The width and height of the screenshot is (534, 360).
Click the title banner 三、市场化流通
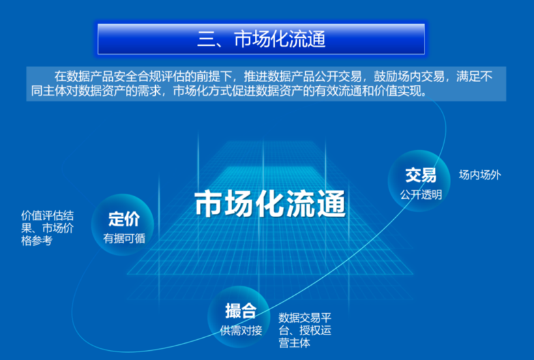(261, 39)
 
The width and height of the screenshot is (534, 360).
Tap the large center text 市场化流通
(271, 203)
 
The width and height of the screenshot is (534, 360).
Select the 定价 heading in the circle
(124, 219)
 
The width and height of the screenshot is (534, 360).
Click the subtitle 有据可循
(124, 238)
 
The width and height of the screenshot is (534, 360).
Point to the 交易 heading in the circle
(421, 175)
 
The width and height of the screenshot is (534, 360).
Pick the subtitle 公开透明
(421, 195)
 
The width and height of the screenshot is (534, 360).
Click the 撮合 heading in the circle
(241, 311)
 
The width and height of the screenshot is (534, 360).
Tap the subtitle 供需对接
(241, 330)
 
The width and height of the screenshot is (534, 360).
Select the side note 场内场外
(480, 175)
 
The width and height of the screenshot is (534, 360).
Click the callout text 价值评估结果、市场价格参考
(48, 228)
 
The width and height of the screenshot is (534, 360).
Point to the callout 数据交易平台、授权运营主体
(304, 330)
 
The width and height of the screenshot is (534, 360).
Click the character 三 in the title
(205, 40)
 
